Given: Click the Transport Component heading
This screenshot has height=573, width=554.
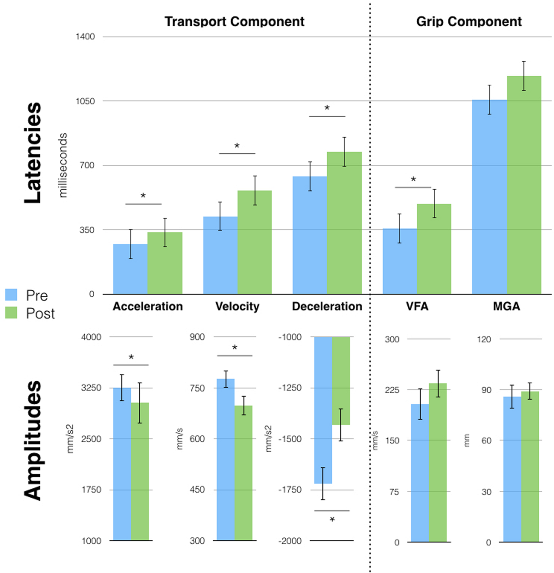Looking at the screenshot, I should (x=234, y=22).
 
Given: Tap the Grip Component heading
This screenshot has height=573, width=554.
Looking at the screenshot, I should (x=469, y=22).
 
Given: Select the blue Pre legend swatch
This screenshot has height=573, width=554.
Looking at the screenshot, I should (x=11, y=295).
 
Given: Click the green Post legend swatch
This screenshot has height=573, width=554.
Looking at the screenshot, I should (x=11, y=313).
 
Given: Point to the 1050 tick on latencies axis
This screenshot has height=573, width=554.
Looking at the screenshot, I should (x=85, y=101).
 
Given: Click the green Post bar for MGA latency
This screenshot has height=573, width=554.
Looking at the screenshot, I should (x=524, y=188).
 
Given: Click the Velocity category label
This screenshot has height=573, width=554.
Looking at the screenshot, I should (x=237, y=306).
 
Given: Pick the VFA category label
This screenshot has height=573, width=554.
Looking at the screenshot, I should (x=417, y=306).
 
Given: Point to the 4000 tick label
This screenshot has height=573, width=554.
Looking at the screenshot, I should (x=91, y=337).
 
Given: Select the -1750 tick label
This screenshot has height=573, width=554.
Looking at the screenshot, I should (x=290, y=490).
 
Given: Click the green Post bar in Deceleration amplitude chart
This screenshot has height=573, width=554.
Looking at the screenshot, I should (x=341, y=381).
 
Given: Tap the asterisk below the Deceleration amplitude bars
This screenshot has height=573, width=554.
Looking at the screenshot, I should (x=332, y=520).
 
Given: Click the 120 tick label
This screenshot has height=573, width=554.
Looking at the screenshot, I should (x=484, y=339).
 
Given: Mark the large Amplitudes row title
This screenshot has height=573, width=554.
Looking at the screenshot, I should (x=33, y=441).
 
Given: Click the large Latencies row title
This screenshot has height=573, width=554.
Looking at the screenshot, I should (x=33, y=153).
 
